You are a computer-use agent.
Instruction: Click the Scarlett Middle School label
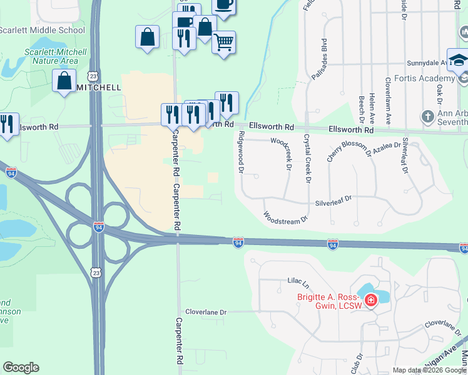tap(42, 30)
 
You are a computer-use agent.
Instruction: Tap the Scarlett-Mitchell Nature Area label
tap(51, 56)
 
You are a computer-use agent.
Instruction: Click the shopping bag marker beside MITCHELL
tap(64, 81)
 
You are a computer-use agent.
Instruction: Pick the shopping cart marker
tap(224, 42)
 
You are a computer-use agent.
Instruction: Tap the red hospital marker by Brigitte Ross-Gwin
tap(370, 301)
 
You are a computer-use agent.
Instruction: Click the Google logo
tap(21, 367)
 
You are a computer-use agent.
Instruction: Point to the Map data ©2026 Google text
tap(429, 370)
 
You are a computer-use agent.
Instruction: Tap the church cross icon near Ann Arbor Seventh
tap(427, 116)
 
